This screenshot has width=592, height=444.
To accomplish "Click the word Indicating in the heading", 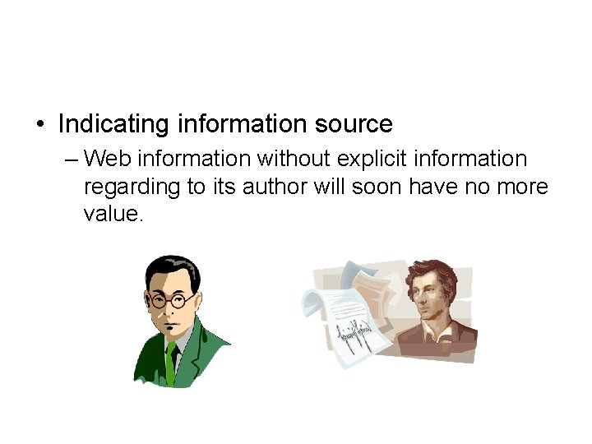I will pos(113,124).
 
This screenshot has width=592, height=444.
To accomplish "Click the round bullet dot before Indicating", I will pos(39,125).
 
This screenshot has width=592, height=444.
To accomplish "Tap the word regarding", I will pos(132,187).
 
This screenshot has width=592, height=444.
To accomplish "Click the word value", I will pos(112,215).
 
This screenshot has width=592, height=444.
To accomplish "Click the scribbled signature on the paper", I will pos(354,336).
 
